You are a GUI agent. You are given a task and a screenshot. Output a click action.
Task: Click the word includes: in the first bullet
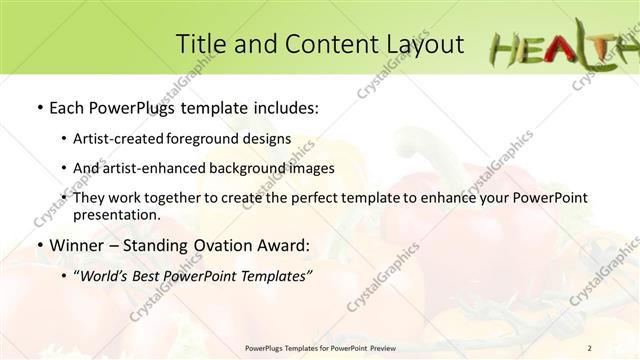click(283, 105)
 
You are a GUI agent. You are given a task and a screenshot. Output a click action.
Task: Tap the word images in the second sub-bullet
click(310, 168)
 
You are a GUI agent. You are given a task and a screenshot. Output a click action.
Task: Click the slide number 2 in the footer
click(590, 348)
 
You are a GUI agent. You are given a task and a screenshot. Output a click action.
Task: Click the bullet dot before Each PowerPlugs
click(39, 106)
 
